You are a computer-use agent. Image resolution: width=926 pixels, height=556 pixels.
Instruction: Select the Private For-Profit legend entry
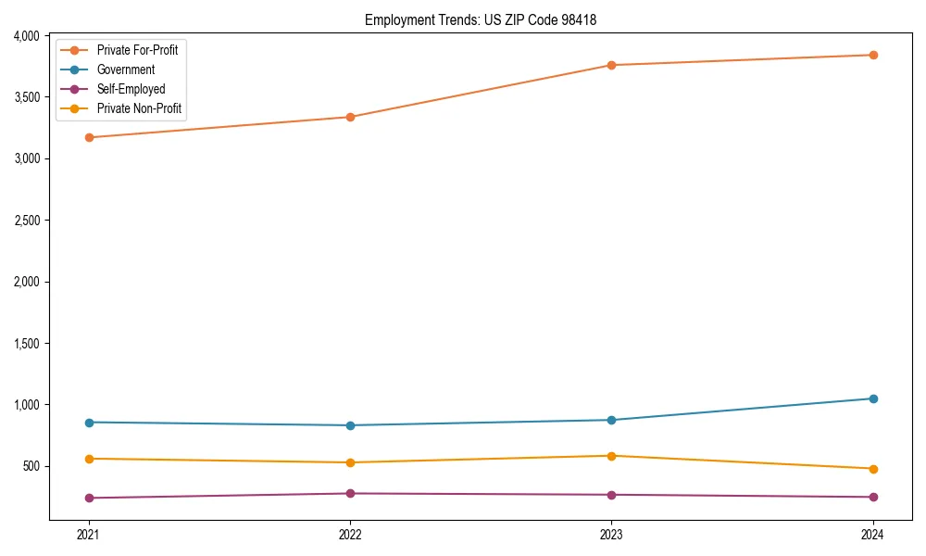137,50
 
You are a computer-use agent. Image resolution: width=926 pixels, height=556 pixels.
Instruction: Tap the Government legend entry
126,69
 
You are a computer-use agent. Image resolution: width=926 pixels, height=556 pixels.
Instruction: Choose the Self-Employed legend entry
131,90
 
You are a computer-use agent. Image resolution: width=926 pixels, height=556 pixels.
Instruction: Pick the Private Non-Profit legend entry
139,109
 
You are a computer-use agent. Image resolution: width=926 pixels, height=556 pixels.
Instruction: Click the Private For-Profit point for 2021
89,137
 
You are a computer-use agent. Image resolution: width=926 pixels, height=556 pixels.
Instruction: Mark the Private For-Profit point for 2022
350,117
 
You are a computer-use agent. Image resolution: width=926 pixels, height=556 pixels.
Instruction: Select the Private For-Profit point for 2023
611,65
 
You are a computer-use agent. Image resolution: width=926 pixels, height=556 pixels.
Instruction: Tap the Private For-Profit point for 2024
873,55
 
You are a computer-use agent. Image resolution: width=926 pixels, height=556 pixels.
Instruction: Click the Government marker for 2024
873,398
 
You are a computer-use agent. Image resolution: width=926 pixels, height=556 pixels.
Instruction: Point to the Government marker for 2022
350,425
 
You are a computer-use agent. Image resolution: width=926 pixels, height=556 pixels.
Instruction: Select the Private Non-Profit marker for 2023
611,456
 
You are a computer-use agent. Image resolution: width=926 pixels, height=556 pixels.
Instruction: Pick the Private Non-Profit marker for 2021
89,459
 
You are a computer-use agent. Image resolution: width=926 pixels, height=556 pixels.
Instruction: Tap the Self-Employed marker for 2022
350,493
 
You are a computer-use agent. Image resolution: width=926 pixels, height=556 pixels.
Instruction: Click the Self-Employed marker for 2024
873,497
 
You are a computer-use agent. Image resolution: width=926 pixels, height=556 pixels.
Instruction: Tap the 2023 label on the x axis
611,534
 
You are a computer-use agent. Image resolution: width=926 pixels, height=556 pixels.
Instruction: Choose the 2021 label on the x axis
89,534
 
